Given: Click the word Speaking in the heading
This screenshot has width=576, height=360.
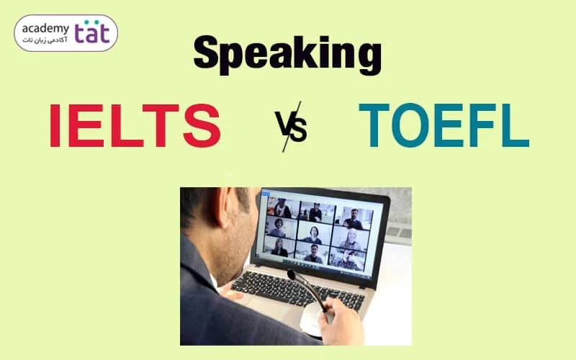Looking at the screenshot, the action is click(287, 55).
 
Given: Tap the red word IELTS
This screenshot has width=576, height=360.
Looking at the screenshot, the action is click(135, 125).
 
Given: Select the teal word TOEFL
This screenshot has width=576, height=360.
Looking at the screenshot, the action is click(444, 125).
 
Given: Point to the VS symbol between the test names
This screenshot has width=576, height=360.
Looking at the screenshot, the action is click(292, 127).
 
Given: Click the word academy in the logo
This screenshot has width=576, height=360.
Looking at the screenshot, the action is click(45, 29).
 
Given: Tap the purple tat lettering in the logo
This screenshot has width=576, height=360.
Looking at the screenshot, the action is click(92, 32).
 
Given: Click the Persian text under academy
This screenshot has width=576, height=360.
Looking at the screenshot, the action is click(45, 40).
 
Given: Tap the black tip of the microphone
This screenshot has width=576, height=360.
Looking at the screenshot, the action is click(292, 274).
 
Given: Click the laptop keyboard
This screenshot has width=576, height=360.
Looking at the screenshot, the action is click(297, 290).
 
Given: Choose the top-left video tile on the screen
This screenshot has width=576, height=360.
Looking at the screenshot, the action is click(282, 208).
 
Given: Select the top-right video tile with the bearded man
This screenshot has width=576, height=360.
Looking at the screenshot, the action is click(354, 217).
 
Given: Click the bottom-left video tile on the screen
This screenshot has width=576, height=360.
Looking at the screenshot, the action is click(279, 247).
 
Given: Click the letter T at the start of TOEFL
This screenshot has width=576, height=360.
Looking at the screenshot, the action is click(374, 125).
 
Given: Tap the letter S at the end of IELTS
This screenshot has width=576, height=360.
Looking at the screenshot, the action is click(202, 125).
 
